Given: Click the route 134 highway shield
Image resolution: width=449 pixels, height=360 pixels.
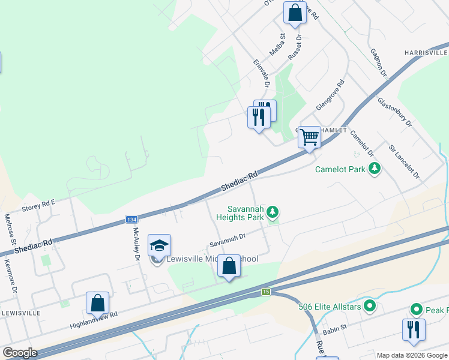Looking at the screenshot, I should pos(131,220).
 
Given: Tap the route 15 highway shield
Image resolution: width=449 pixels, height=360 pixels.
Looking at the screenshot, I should pos(266,292).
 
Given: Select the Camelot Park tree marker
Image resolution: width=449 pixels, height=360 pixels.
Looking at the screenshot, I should pos(375,169).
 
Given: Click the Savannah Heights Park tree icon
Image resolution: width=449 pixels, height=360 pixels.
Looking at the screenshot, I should pos(273,211).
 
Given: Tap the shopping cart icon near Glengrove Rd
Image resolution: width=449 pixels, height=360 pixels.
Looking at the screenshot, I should pos(310,137).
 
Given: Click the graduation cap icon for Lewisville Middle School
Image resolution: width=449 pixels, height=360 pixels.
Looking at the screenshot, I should pos(159,245).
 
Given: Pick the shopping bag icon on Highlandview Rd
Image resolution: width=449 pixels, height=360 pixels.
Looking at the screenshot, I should pos(97,304).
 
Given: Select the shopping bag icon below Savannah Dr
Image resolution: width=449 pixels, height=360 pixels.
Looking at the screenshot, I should pos(229,267).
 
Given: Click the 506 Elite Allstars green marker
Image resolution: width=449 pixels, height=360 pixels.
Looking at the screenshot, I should pos(370,307).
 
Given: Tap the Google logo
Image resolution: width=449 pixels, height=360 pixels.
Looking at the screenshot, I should pos(20,353).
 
